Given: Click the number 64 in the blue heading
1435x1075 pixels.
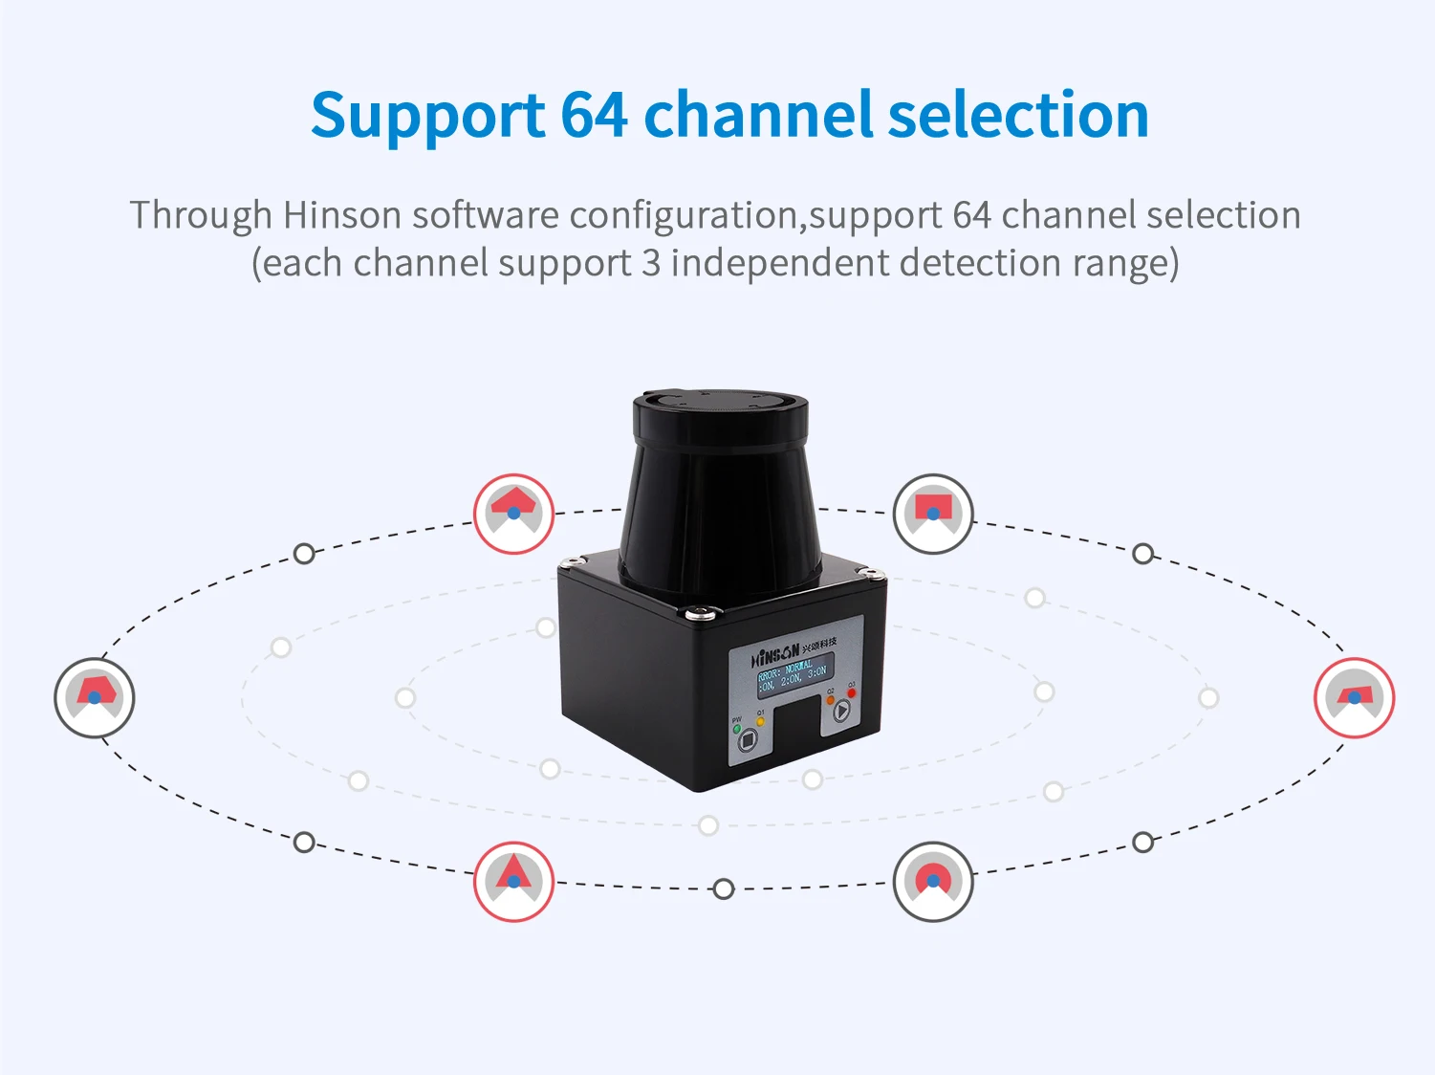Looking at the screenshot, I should (593, 115).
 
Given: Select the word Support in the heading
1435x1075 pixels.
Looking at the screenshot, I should (427, 117).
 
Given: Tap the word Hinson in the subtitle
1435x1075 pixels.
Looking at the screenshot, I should (342, 215).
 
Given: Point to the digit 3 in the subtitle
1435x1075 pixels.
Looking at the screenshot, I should (651, 263).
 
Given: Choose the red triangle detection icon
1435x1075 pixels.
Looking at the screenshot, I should (513, 881).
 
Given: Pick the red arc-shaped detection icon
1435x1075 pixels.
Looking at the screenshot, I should (933, 881).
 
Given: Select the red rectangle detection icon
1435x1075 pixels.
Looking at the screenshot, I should (933, 513).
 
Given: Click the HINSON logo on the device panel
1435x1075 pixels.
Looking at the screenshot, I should (775, 655).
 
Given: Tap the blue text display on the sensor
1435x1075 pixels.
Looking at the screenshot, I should (793, 674).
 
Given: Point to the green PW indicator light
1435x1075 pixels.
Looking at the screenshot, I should (737, 730).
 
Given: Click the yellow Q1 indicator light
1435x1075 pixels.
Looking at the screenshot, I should (761, 722).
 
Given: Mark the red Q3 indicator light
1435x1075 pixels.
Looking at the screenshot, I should (852, 692).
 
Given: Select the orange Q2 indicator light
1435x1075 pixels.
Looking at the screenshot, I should (830, 700).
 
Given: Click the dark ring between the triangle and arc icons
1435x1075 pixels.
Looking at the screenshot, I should (724, 889).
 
